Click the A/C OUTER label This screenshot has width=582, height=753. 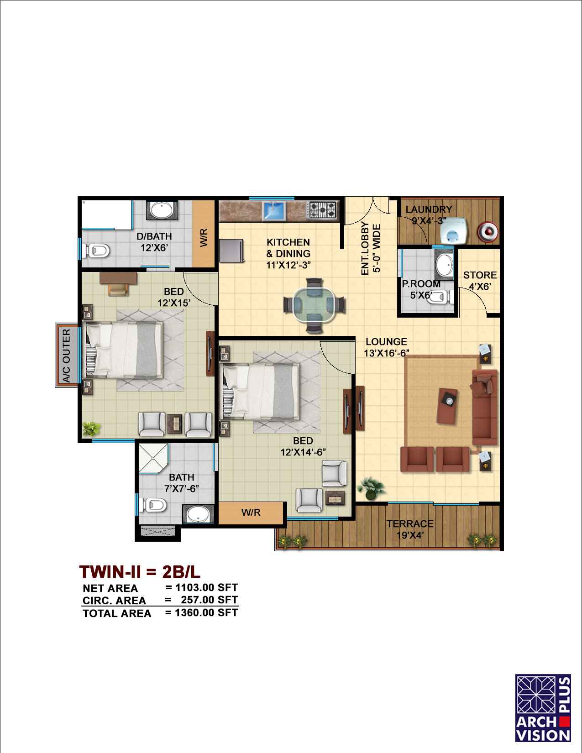(x=66, y=356)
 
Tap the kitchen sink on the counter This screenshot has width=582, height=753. (x=273, y=211)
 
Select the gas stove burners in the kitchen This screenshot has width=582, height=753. (x=322, y=210)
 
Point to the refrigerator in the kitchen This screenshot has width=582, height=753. (x=231, y=251)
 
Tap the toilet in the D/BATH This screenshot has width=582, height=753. (x=97, y=251)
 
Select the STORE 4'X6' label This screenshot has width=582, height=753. (x=480, y=281)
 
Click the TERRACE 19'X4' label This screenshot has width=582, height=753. (x=410, y=529)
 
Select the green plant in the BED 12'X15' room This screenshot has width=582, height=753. (x=92, y=429)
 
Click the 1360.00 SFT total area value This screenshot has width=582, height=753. (x=206, y=612)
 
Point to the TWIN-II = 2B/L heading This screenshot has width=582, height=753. (x=140, y=572)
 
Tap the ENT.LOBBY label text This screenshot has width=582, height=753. (x=365, y=248)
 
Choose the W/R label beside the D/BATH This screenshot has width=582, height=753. (x=204, y=237)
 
